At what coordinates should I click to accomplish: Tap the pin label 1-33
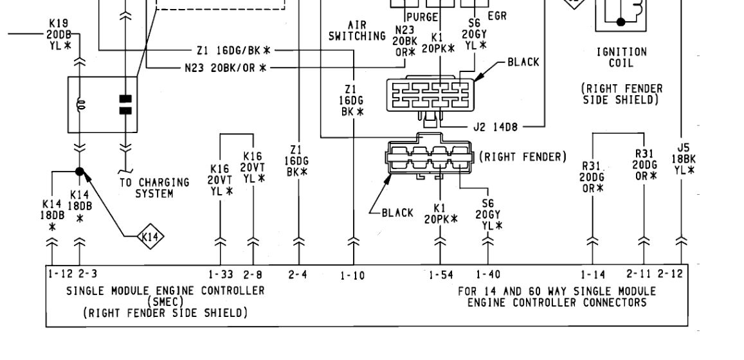pyautogui.click(x=221, y=274)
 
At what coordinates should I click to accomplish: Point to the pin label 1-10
pyautogui.click(x=352, y=276)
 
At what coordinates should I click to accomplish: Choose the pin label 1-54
pyautogui.click(x=440, y=276)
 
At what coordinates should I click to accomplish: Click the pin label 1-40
pyautogui.click(x=488, y=276)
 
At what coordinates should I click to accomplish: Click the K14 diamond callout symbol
pyautogui.click(x=150, y=239)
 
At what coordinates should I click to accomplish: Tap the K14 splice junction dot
pyautogui.click(x=80, y=172)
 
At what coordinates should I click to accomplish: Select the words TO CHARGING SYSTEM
pyautogui.click(x=154, y=188)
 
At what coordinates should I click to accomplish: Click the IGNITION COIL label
pyautogui.click(x=621, y=57)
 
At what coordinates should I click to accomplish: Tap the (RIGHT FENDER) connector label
pyautogui.click(x=523, y=156)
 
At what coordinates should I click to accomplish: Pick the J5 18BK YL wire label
pyautogui.click(x=682, y=158)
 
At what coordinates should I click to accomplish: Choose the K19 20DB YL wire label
pyautogui.click(x=55, y=35)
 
